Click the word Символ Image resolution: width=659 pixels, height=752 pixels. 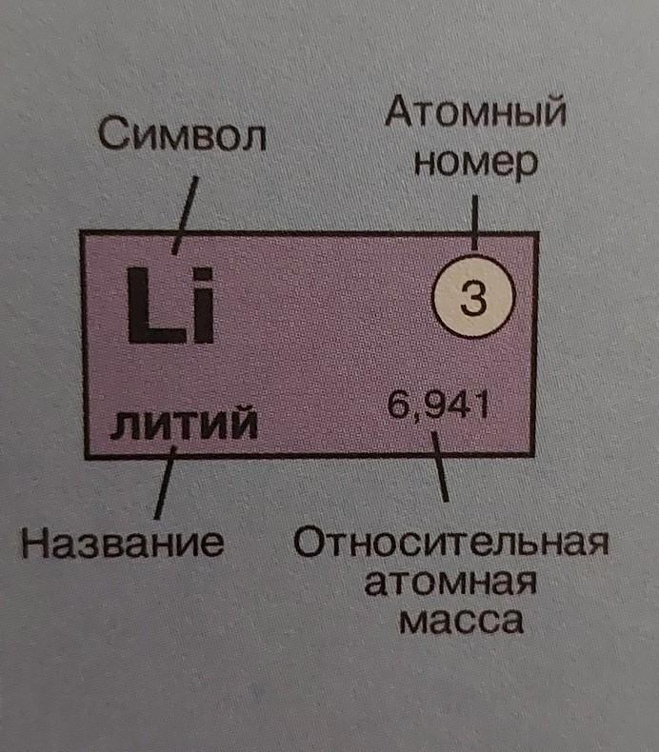182,139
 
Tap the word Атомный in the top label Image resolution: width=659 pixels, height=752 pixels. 476,118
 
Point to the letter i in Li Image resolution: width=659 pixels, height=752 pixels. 201,306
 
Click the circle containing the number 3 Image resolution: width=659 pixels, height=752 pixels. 473,302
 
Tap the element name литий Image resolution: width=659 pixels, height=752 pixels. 184,422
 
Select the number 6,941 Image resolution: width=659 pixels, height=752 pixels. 439,406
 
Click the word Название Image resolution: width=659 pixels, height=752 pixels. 123,544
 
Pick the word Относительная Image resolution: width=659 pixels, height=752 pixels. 450,545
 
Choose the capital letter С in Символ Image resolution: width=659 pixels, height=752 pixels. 111,139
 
